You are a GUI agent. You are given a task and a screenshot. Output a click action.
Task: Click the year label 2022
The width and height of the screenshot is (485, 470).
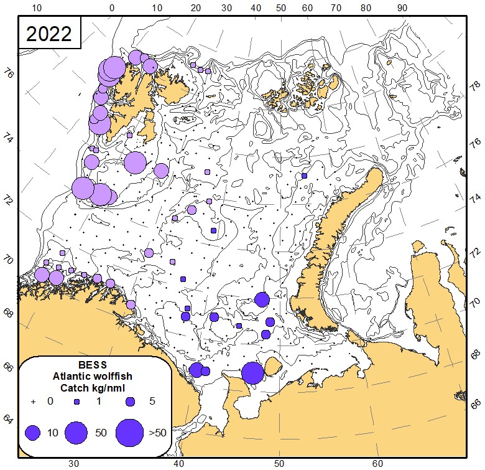(x=49, y=34)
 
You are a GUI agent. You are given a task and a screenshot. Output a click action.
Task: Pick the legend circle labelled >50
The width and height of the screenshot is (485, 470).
(x=129, y=433)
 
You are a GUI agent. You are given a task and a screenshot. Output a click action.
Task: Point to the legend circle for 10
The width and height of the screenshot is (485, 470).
(x=33, y=433)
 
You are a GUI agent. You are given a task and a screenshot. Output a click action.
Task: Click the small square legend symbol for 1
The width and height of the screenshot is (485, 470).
(x=78, y=402)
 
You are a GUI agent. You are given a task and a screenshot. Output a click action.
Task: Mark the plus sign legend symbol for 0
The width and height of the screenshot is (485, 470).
(x=33, y=402)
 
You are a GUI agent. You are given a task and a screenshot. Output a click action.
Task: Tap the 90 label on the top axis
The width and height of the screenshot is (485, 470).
(x=402, y=8)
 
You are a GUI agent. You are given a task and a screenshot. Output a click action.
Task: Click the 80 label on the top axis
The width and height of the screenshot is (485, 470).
(x=365, y=8)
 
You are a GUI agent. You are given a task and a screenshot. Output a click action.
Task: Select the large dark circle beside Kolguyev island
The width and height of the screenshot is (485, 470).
(x=252, y=373)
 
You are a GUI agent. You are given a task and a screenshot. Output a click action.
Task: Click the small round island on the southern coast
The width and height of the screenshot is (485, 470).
(x=272, y=365)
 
